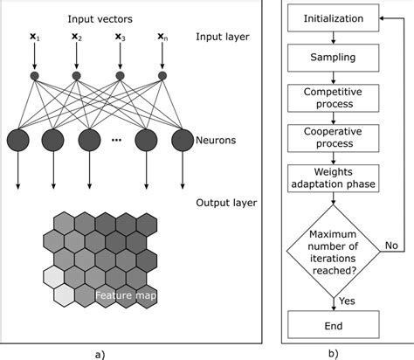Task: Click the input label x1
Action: [35, 38]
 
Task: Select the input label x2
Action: [76, 38]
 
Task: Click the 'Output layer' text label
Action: [227, 203]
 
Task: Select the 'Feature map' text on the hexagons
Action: [125, 297]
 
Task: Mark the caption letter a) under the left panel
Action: [99, 353]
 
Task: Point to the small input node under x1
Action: [35, 76]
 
